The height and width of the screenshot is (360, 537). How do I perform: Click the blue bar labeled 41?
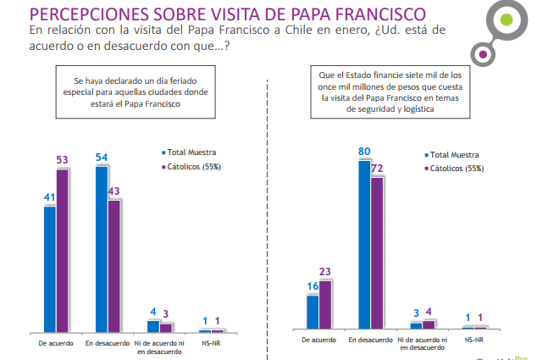(50, 268)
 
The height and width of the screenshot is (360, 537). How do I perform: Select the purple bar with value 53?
(63, 250)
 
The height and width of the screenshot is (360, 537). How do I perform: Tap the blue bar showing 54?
(102, 248)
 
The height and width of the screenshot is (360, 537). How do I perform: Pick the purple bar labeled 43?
(115, 265)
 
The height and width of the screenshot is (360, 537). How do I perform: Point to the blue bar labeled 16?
(313, 311)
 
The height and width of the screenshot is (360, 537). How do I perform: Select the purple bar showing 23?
(325, 304)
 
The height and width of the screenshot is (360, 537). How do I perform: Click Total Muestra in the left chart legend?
(191, 153)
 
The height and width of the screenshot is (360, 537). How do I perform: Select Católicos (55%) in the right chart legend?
(457, 169)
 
